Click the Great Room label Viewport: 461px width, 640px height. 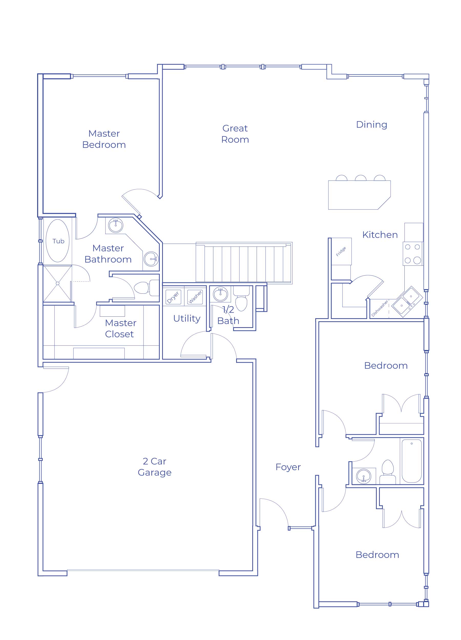coord(235,134)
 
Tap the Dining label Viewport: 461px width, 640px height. coord(372,124)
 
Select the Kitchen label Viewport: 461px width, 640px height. coord(380,234)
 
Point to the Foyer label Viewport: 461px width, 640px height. coord(288,467)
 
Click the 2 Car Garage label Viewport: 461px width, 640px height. coord(154,467)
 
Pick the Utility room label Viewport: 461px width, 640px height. coord(187,318)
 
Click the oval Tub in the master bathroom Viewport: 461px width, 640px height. coord(58,241)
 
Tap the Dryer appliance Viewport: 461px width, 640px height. coord(173,297)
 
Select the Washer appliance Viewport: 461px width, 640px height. coord(195,297)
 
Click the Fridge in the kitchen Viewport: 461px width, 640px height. coord(341,251)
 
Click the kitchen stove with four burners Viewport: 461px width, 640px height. coord(413,254)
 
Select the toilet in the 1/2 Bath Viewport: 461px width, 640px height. coord(241,299)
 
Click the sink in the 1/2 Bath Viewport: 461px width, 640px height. coord(221,294)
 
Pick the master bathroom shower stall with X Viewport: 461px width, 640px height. coord(58,283)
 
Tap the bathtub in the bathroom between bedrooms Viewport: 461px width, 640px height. coord(412,461)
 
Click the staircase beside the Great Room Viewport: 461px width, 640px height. coord(244,263)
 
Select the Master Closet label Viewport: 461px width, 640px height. coord(121,328)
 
